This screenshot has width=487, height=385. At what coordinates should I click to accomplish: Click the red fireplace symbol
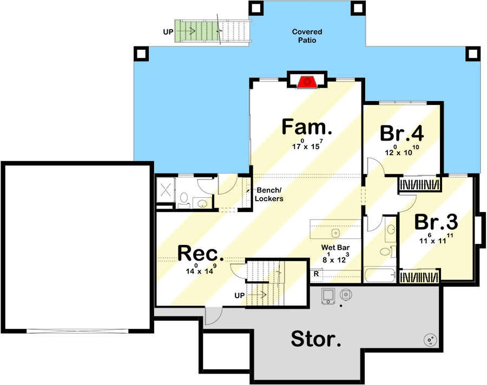[307, 82]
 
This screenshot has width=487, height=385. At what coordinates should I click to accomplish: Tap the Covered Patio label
[307, 36]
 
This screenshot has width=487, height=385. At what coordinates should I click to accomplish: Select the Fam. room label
[307, 127]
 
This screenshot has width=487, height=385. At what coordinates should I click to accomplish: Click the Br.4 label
[402, 133]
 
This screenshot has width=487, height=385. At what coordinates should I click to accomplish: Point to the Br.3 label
[436, 222]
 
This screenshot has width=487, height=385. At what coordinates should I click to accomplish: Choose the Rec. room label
[201, 253]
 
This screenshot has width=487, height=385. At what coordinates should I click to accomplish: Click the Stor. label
[316, 338]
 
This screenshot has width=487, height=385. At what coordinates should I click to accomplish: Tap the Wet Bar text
[335, 248]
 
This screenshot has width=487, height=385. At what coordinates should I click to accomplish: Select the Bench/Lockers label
[269, 194]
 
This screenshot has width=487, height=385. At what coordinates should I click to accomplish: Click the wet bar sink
[335, 233]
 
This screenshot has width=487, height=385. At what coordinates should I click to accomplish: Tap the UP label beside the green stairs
[168, 32]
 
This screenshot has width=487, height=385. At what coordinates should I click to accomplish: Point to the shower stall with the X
[166, 189]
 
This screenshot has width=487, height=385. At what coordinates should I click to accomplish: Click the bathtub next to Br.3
[380, 276]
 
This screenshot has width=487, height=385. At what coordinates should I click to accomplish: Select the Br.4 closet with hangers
[419, 184]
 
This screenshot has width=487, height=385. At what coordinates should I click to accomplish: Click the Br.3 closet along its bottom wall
[419, 276]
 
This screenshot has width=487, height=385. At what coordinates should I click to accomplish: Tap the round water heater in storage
[431, 340]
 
